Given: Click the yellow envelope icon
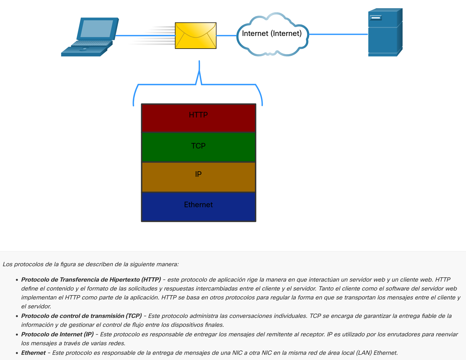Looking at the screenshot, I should click(x=196, y=35).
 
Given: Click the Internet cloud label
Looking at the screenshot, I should click(x=272, y=34).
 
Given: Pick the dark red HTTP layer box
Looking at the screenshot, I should click(x=198, y=118).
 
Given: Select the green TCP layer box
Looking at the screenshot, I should click(x=198, y=147).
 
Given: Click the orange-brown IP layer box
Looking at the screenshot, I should click(x=198, y=177).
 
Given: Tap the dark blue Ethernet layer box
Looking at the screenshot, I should click(x=198, y=206).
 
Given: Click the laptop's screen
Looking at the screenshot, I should click(x=97, y=28).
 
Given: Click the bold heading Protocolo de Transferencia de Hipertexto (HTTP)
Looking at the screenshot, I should click(x=91, y=279).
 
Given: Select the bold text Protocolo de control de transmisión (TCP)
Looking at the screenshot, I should click(x=82, y=316).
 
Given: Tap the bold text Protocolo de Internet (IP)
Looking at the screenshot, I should click(x=58, y=334).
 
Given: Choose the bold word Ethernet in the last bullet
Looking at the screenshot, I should click(x=34, y=353).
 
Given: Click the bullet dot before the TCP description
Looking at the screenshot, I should click(x=17, y=316).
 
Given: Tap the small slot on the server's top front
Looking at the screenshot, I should click(x=376, y=18).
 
